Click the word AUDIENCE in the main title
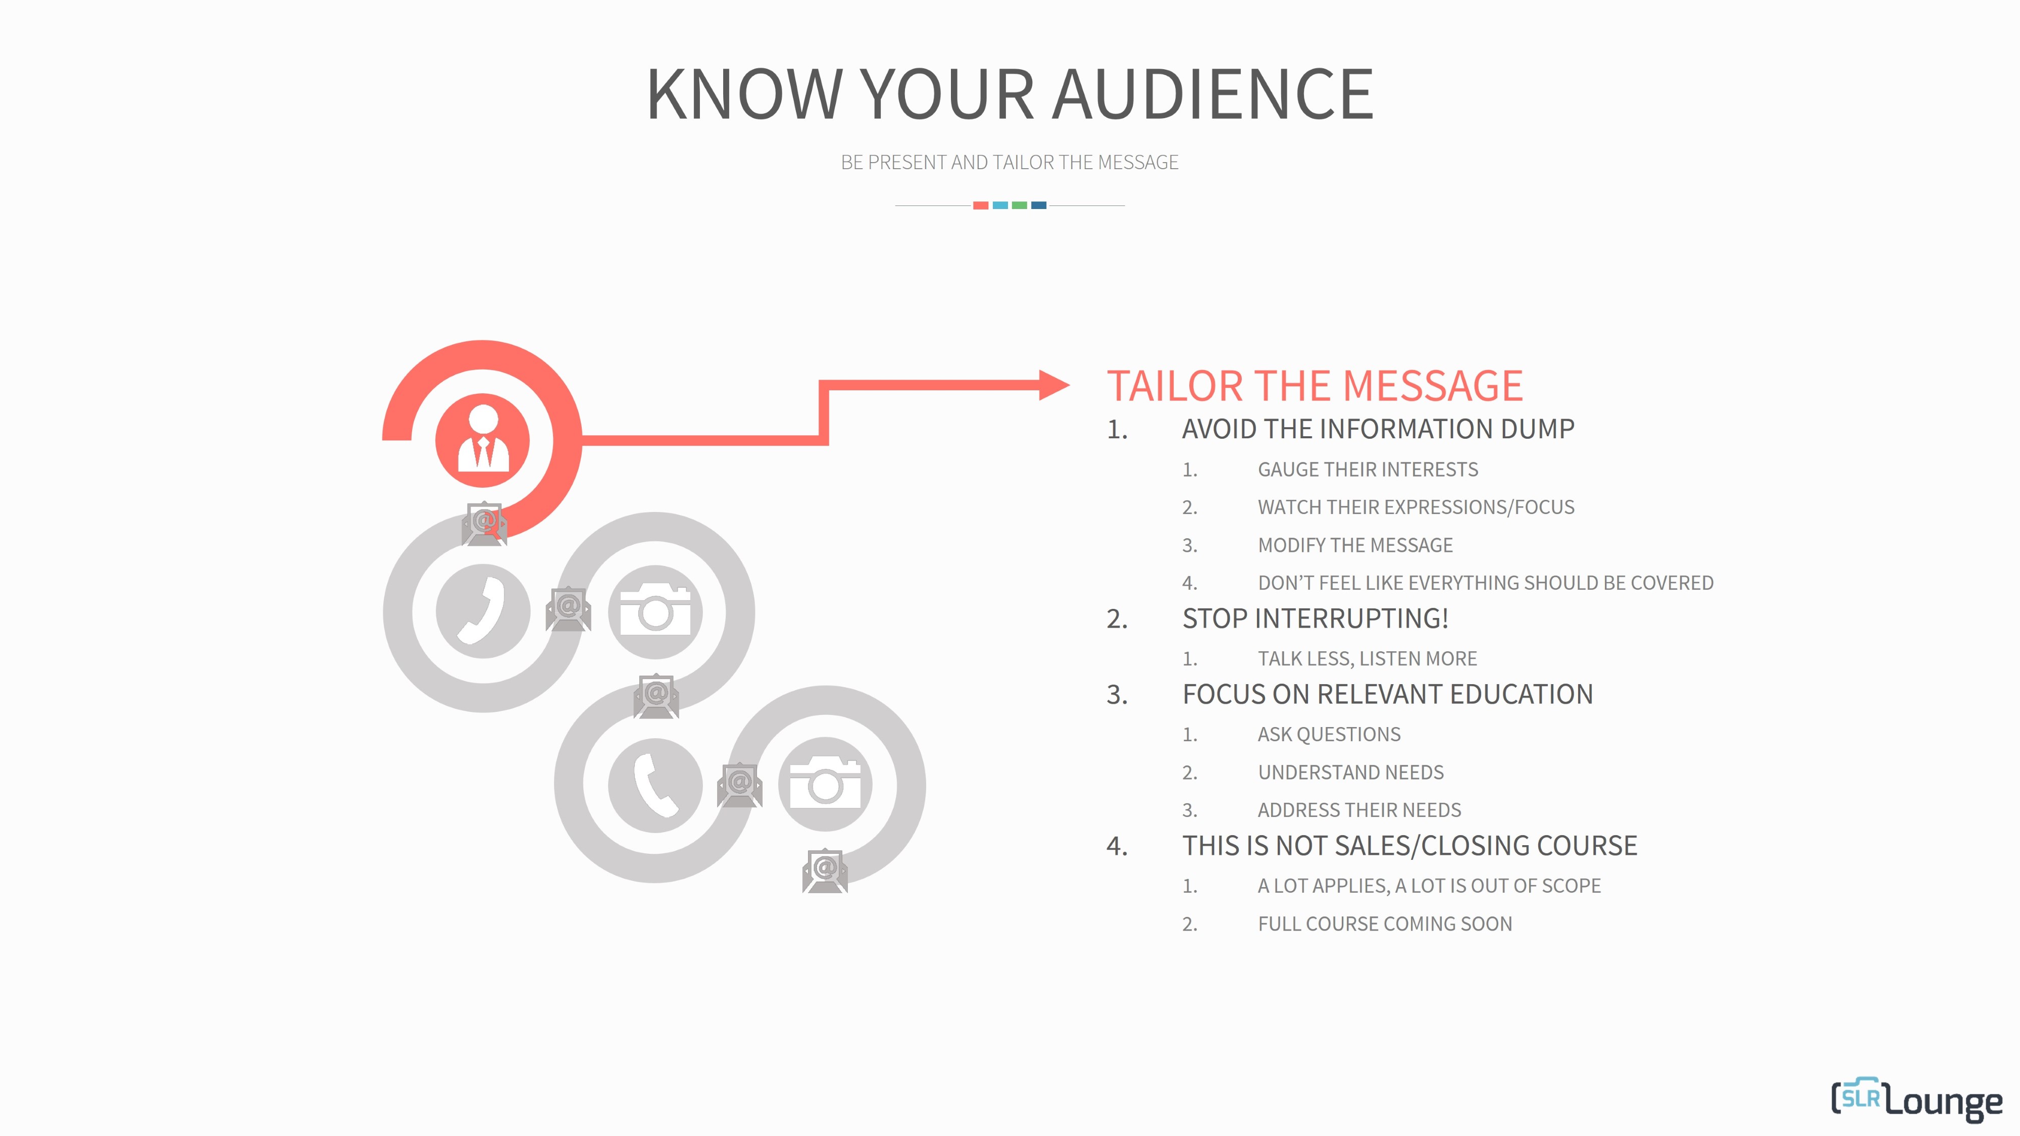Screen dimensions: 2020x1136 [x=1213, y=94]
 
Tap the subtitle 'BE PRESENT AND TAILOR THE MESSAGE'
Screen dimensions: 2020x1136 [x=1009, y=162]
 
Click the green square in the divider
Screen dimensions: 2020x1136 [x=1020, y=205]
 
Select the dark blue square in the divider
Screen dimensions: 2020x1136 [x=1039, y=205]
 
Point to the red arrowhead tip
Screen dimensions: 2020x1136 [x=1070, y=385]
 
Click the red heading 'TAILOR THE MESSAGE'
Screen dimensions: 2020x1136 [x=1314, y=386]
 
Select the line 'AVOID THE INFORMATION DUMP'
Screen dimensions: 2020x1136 [x=1378, y=429]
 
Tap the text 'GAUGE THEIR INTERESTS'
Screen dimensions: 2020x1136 [x=1368, y=470]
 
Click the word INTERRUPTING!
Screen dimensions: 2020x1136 [x=1352, y=618]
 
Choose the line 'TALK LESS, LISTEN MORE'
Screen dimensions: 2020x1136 [x=1367, y=658]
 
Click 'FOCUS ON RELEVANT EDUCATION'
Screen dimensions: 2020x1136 [x=1387, y=695]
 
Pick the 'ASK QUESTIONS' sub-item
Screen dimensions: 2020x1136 [x=1329, y=735]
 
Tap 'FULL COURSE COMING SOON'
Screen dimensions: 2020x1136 [x=1385, y=923]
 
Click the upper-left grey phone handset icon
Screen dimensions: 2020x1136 [x=483, y=611]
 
